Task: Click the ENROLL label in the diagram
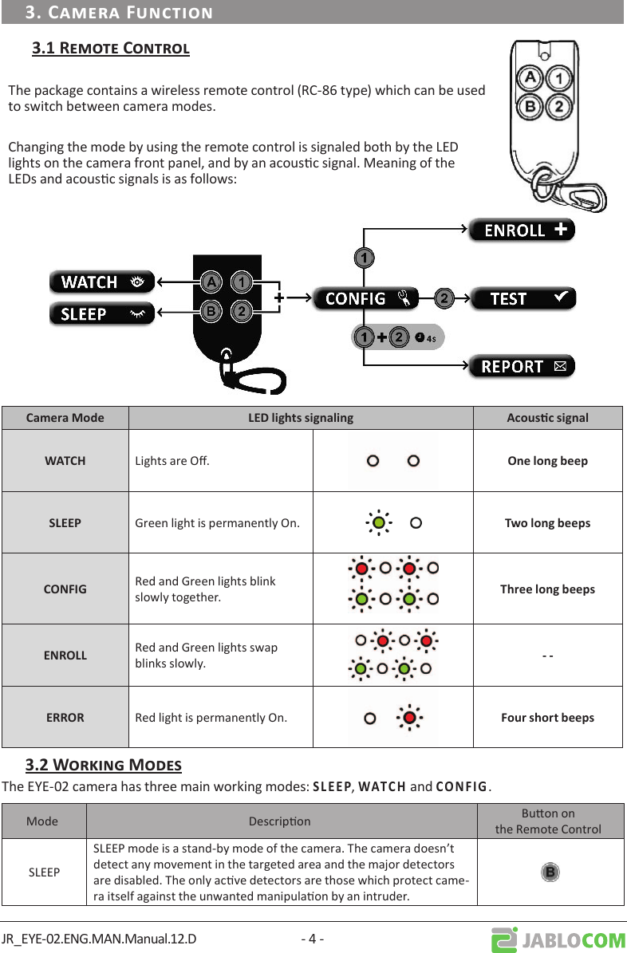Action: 521,230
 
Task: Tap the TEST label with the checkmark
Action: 522,298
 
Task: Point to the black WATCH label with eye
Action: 101,282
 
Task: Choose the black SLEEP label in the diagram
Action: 101,314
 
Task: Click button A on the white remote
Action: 530,78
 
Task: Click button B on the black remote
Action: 211,311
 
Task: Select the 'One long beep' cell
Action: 547,461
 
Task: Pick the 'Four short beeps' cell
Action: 547,718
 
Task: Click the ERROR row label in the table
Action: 65,718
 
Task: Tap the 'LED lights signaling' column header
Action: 301,418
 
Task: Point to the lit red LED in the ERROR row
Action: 409,718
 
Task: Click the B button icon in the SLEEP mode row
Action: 550,872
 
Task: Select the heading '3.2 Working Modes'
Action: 104,766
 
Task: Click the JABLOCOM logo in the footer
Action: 558,940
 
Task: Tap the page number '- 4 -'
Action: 312,939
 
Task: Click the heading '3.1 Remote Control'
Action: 111,49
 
